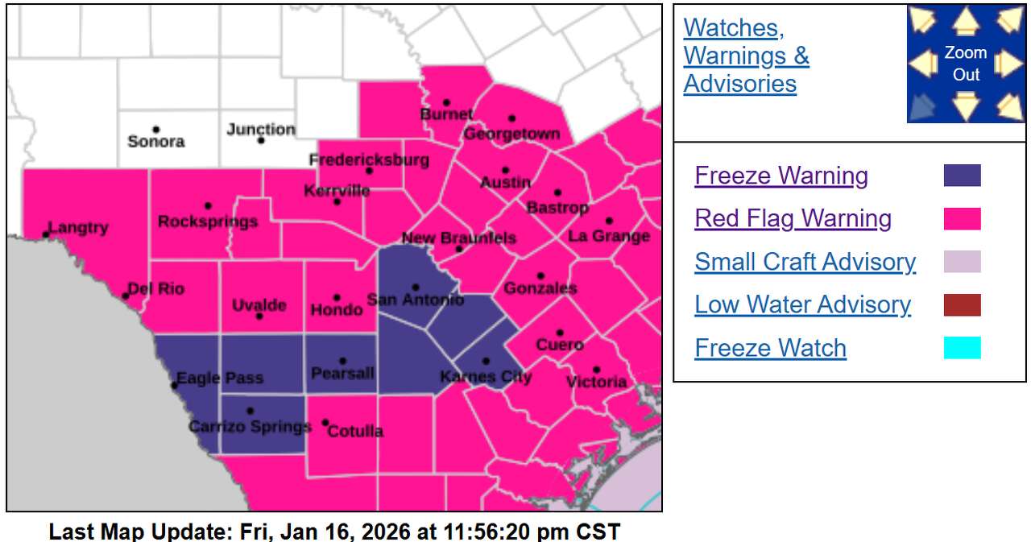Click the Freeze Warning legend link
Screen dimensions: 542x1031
pyautogui.click(x=780, y=176)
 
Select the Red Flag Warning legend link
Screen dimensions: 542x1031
pyautogui.click(x=793, y=218)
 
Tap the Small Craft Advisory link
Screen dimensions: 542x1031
pyautogui.click(x=805, y=262)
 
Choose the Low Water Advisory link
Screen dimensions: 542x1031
pyautogui.click(x=802, y=304)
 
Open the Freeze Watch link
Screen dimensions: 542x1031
pyautogui.click(x=770, y=348)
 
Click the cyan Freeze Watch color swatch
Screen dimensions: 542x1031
pyautogui.click(x=962, y=348)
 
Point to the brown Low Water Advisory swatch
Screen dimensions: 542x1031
pyautogui.click(x=962, y=305)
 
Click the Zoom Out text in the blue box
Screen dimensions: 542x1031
pyautogui.click(x=966, y=64)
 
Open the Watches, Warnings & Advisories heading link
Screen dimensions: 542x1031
pyautogui.click(x=746, y=56)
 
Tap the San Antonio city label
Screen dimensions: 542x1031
pyautogui.click(x=415, y=300)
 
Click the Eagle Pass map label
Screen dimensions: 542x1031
pyautogui.click(x=219, y=378)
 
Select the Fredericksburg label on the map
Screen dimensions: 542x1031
pyautogui.click(x=369, y=160)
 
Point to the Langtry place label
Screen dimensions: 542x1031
pyautogui.click(x=78, y=228)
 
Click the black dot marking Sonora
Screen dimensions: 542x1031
pyautogui.click(x=155, y=130)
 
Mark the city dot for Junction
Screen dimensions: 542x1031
pyautogui.click(x=261, y=140)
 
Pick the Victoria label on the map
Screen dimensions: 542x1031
pyautogui.click(x=597, y=382)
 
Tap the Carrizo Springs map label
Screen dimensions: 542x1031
pyautogui.click(x=250, y=426)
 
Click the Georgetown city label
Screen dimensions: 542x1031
pyautogui.click(x=511, y=134)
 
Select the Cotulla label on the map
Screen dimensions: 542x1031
pyautogui.click(x=356, y=432)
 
